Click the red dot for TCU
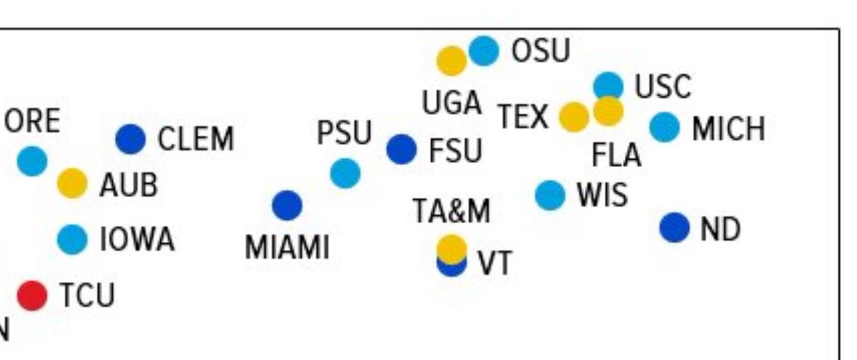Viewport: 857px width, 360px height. (x=33, y=295)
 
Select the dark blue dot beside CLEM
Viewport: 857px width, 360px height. (x=131, y=139)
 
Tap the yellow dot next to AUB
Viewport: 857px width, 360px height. (x=72, y=184)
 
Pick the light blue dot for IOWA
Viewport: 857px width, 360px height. (x=72, y=239)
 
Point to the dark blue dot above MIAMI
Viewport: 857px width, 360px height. (x=287, y=206)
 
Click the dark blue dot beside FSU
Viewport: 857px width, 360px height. (x=401, y=149)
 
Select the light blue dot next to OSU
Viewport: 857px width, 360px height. (x=484, y=51)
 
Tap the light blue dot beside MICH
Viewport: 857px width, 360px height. (x=665, y=127)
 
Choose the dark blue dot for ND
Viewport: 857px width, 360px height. (x=674, y=228)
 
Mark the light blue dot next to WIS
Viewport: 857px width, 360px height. (x=550, y=195)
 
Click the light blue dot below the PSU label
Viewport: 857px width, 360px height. (x=345, y=174)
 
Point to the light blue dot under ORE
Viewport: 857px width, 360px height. (x=33, y=161)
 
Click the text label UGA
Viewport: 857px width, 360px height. (x=451, y=103)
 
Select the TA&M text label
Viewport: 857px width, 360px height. (x=451, y=211)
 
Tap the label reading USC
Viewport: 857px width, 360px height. (x=663, y=86)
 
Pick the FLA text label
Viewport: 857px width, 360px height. (x=616, y=155)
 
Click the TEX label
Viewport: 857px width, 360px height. (x=523, y=116)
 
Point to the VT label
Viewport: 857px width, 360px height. (x=495, y=263)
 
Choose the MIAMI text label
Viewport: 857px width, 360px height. (x=287, y=248)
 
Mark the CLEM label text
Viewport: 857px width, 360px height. (x=196, y=139)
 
